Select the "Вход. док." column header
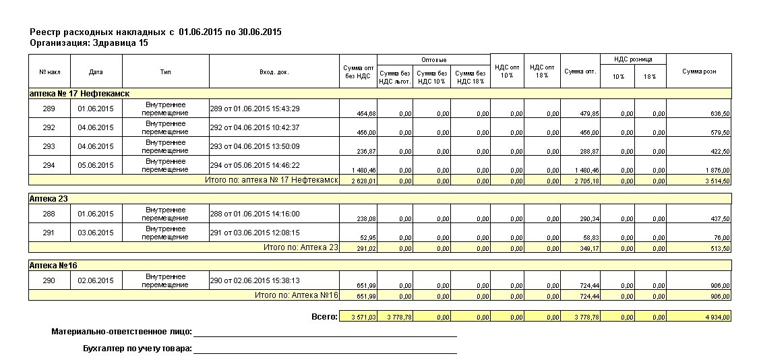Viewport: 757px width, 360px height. click(x=274, y=71)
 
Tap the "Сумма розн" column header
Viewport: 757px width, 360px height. click(x=698, y=71)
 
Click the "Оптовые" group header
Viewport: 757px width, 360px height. click(x=433, y=60)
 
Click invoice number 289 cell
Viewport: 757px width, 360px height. click(x=49, y=109)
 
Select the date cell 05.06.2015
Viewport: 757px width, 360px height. click(x=96, y=165)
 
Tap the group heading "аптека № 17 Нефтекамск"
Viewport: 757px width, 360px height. click(x=80, y=94)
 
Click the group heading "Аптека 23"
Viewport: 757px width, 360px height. click(x=51, y=199)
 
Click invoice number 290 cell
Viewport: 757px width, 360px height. click(x=49, y=280)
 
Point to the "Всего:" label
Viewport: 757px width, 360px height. click(x=324, y=316)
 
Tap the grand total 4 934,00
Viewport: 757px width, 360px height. click(x=717, y=317)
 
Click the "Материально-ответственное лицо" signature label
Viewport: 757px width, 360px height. click(x=121, y=332)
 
